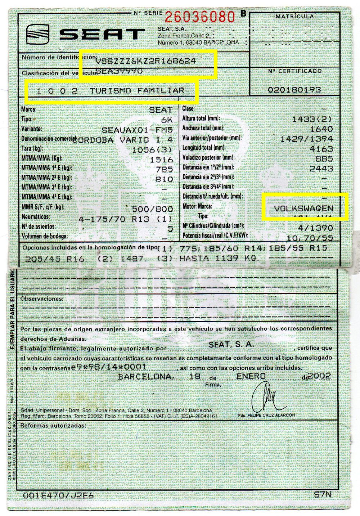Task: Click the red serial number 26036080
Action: (x=200, y=16)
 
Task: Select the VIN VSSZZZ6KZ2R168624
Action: (x=146, y=61)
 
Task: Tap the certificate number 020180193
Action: (x=294, y=89)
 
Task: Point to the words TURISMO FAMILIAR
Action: (x=137, y=91)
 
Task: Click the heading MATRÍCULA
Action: (x=294, y=16)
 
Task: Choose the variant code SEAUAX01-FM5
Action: (x=137, y=130)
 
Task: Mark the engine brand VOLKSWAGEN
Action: (x=303, y=208)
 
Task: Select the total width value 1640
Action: (x=321, y=129)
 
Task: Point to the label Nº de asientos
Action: (x=39, y=227)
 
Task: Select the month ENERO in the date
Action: (x=251, y=376)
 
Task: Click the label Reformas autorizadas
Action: (x=53, y=425)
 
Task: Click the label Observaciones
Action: (x=41, y=299)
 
